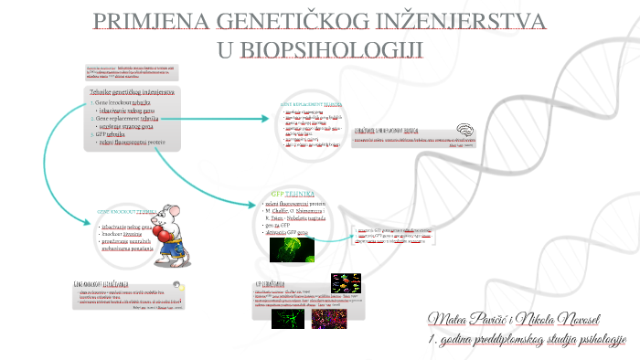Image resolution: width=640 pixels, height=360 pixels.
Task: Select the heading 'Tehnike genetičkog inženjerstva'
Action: coord(133,93)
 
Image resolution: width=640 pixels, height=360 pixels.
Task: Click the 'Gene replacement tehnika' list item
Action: coord(128,118)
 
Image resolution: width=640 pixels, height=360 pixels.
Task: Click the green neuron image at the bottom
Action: coord(287,317)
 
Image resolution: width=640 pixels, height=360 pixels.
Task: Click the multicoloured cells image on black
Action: coord(345,282)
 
